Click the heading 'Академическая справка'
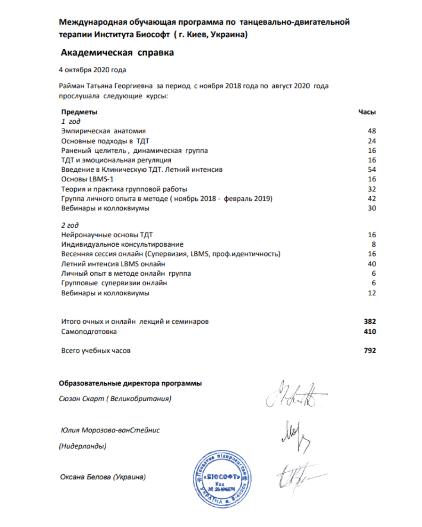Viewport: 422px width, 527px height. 117,53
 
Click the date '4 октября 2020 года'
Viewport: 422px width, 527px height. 92,70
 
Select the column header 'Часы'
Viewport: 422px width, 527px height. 367,112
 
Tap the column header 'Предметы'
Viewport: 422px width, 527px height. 79,112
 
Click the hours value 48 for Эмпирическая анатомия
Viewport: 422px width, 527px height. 372,131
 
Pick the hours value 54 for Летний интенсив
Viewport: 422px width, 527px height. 372,169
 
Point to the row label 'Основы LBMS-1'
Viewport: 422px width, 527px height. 87,179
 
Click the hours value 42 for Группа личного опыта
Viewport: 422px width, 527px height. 372,198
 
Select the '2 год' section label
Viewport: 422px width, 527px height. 70,225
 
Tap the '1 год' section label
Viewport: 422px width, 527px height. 70,121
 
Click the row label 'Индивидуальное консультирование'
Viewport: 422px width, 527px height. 122,244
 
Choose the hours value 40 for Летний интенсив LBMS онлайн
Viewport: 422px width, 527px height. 372,264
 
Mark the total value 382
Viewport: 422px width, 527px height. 370,322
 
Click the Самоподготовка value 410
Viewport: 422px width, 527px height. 370,331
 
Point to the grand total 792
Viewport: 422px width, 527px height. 370,351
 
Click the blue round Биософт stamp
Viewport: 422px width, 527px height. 222,479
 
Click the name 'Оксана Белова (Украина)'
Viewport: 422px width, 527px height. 103,477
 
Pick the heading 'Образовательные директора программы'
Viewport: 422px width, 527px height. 130,383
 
